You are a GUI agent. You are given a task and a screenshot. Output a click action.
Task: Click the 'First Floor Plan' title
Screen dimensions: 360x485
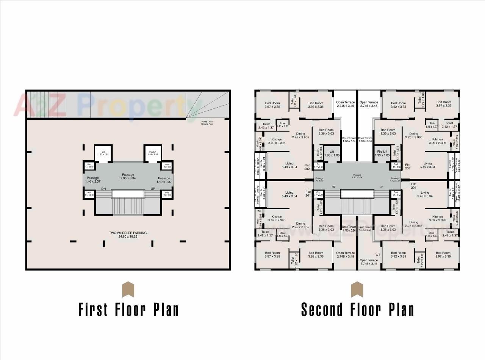[128, 309]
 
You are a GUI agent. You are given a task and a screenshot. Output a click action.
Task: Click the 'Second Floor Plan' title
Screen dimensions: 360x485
[357, 309]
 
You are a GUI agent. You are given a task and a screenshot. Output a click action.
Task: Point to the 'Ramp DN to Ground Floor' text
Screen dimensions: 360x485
[207, 122]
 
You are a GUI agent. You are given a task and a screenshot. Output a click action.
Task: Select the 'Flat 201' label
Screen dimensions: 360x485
[308, 194]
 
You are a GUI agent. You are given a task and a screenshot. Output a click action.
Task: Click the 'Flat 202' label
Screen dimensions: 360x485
[307, 167]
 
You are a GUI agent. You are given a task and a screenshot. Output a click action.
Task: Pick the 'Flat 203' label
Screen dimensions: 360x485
[408, 167]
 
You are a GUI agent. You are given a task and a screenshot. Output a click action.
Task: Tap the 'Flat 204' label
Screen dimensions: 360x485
[413, 186]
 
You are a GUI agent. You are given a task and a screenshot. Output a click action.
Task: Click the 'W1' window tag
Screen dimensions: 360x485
[377, 254]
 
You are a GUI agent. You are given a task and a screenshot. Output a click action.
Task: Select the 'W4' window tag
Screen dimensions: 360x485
[260, 211]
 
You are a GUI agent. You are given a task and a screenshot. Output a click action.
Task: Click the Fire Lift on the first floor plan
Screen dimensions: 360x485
[153, 153]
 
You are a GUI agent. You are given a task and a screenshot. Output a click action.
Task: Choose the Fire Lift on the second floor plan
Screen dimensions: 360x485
[382, 153]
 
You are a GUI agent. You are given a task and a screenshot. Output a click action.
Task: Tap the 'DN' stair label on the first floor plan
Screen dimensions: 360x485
[103, 189]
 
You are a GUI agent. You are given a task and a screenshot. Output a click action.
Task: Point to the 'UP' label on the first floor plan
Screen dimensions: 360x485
[153, 189]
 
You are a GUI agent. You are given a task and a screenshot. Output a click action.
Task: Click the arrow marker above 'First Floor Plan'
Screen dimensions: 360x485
[128, 290]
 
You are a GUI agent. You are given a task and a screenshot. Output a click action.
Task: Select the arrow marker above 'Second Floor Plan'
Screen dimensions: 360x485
[357, 290]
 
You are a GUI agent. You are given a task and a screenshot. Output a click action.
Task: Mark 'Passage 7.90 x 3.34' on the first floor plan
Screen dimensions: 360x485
[128, 176]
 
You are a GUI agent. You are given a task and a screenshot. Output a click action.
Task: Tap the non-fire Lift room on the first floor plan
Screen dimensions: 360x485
[103, 153]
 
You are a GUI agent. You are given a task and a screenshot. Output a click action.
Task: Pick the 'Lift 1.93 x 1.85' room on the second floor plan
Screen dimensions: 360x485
[332, 153]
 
